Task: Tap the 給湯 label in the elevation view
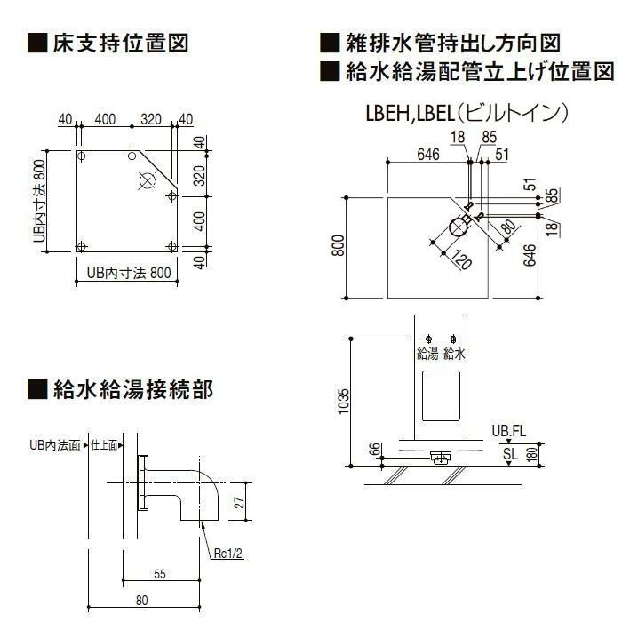click(428, 353)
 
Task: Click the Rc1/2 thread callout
click(227, 552)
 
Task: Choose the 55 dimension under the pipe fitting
click(159, 574)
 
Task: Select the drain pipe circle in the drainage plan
click(459, 228)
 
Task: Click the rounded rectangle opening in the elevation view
click(442, 396)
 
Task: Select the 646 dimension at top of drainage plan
click(427, 155)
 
